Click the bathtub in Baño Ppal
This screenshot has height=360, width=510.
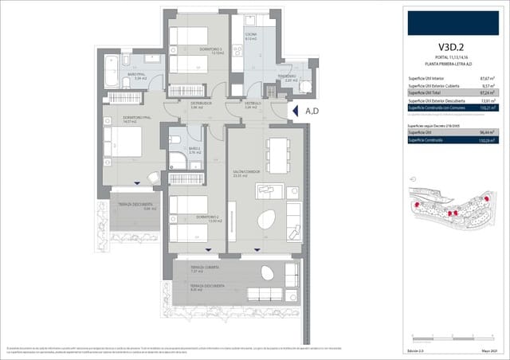(x=114, y=64)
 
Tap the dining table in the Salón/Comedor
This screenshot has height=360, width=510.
(x=277, y=149)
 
